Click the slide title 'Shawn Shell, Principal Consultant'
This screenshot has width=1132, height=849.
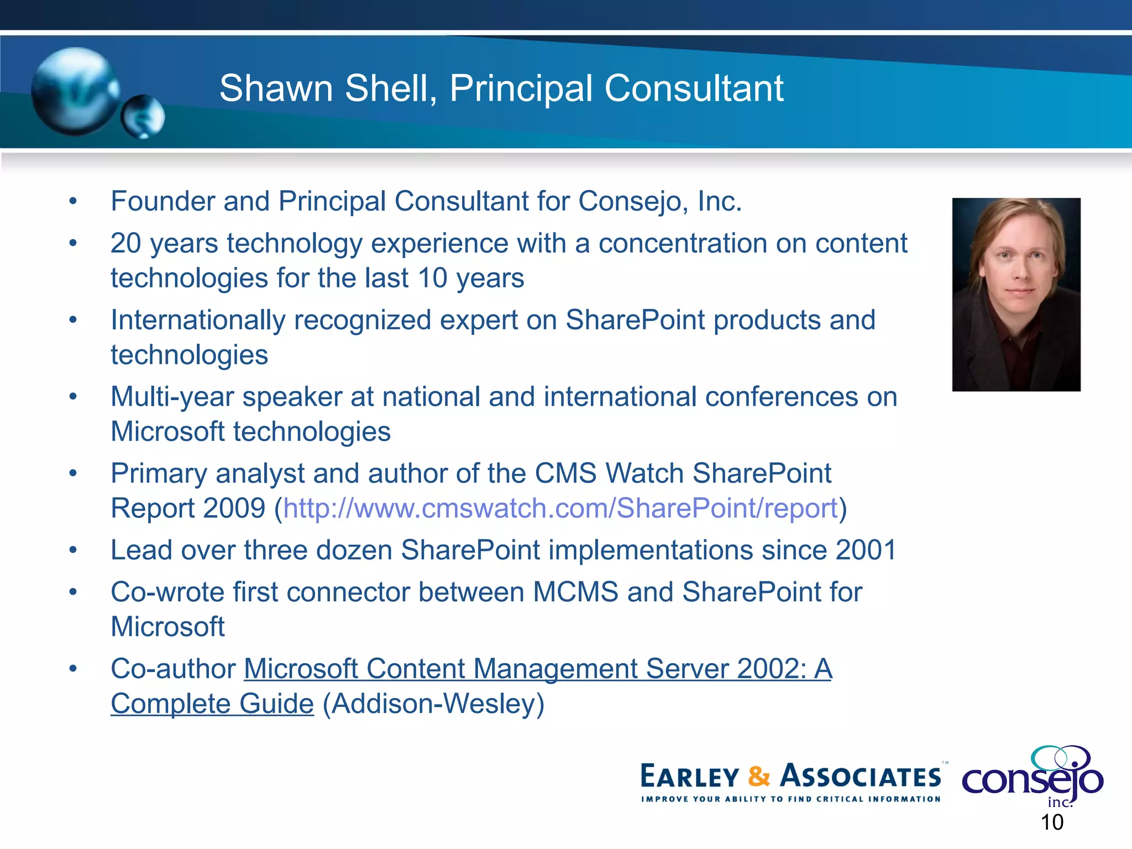501,88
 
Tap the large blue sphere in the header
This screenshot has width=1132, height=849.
75,91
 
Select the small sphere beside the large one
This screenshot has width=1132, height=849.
143,117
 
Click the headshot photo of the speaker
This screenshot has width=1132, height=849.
1016,295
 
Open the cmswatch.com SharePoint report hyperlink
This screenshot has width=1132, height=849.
560,509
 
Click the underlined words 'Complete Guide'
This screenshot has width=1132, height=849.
212,704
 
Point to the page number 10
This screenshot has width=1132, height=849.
1052,822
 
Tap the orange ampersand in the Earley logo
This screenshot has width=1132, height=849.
759,776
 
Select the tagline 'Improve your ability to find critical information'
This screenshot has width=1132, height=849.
790,799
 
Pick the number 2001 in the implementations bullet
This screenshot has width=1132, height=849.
866,551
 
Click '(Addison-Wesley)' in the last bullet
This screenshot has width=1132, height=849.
433,704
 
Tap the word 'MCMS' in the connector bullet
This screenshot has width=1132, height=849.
575,593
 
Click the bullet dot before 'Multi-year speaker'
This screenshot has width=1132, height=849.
73,397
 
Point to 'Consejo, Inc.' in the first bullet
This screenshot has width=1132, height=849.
659,201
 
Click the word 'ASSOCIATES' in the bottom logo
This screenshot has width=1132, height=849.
860,776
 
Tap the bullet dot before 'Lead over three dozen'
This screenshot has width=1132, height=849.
73,551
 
